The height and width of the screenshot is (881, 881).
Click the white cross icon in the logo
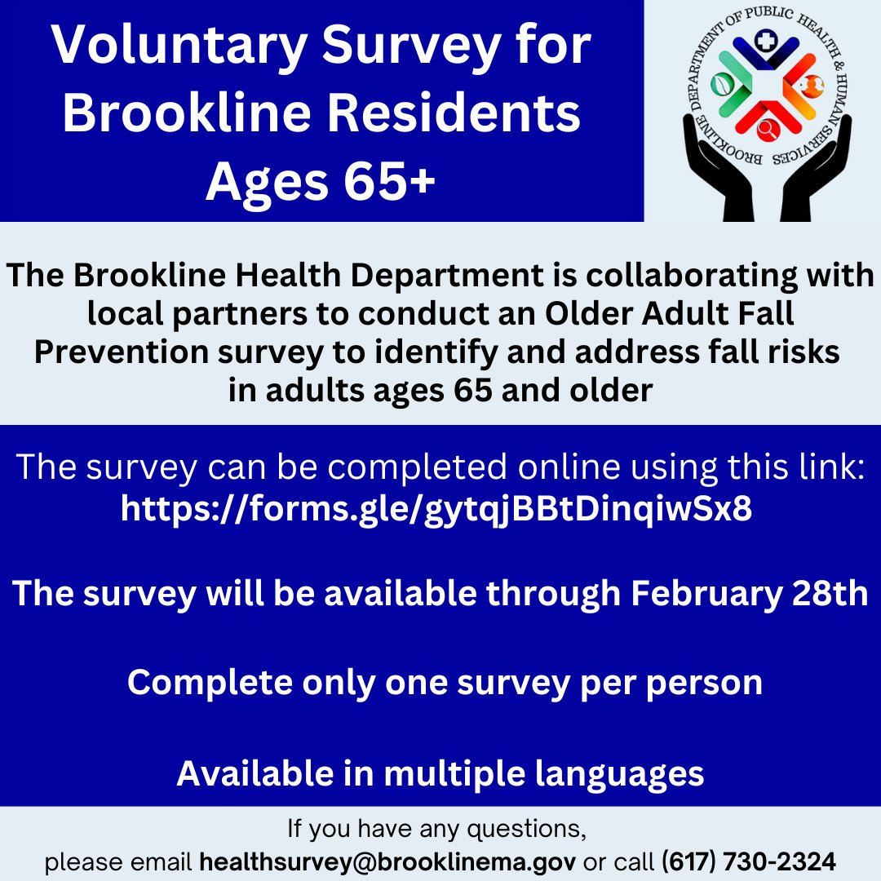coord(764,41)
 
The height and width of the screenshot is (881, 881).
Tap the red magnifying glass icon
coord(767,129)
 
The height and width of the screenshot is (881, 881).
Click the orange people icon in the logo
coord(812,84)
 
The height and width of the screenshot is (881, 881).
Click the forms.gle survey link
coord(436,509)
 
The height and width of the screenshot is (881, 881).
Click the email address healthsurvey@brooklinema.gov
coord(388,861)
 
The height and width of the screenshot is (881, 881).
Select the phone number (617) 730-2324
coord(748,861)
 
